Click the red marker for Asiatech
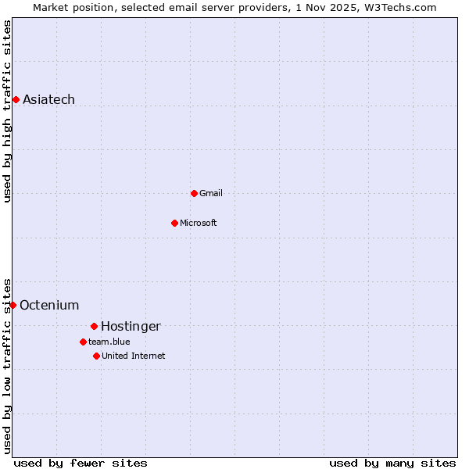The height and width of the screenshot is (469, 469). tap(16, 99)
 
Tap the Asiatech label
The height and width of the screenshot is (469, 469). tap(48, 99)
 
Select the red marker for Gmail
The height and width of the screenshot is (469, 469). tap(194, 193)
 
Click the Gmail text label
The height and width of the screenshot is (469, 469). tap(211, 193)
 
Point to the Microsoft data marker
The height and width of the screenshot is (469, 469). tap(174, 223)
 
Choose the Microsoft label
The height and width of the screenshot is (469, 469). tap(199, 223)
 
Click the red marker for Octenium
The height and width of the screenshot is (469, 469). tap(13, 305)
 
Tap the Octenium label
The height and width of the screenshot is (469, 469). tap(49, 305)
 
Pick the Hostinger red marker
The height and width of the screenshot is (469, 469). tap(94, 326)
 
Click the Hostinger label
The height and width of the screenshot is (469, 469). tap(131, 326)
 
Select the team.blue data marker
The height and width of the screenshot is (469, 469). tap(83, 342)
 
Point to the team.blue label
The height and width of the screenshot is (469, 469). tap(109, 342)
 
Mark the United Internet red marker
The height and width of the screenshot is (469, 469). tap(96, 356)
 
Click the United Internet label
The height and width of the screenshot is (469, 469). tap(134, 356)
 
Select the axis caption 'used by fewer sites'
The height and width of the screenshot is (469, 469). tap(81, 463)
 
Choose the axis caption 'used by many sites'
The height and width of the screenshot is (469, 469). tap(392, 463)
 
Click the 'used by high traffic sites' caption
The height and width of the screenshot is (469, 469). tap(8, 111)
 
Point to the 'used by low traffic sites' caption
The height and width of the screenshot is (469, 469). tap(8, 365)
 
